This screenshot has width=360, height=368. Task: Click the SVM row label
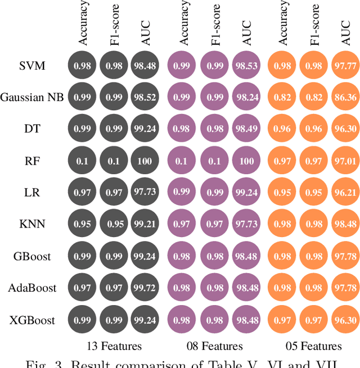point(32,65)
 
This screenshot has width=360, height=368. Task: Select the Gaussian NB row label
point(32,97)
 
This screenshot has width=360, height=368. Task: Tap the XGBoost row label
point(32,320)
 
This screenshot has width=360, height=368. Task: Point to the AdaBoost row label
point(32,288)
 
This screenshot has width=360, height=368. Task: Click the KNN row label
point(32,225)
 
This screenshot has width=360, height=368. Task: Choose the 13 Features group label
point(114,345)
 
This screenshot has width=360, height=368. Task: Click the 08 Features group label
point(214,346)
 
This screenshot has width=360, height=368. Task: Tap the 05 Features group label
point(313,346)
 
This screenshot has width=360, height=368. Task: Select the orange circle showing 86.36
point(346,97)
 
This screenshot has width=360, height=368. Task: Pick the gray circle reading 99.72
point(146,288)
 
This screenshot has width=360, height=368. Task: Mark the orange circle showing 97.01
point(346,161)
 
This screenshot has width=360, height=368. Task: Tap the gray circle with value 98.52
point(146,97)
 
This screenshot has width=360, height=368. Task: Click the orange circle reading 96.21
point(346,193)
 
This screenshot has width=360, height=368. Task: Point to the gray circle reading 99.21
point(146,225)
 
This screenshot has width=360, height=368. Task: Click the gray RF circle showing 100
point(146,161)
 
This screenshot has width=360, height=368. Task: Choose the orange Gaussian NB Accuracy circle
point(283,97)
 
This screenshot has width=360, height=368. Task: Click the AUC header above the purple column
point(246,34)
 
